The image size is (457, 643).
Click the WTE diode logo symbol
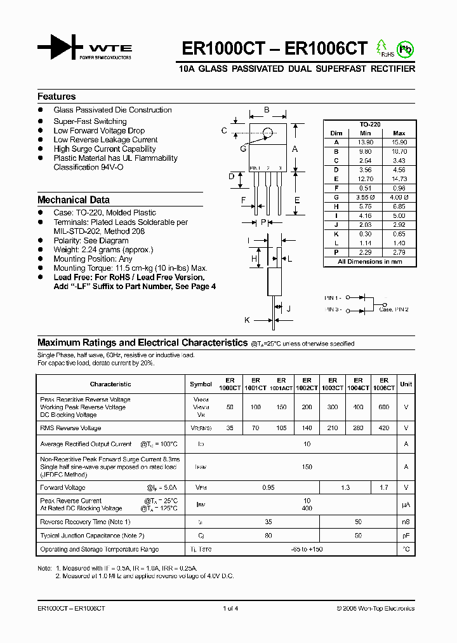tap(60, 48)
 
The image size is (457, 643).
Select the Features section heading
tap(56, 97)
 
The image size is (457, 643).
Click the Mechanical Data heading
tap(74, 200)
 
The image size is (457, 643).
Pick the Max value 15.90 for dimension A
tap(399, 142)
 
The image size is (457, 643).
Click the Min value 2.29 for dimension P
tap(365, 253)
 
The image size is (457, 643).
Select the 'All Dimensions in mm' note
tap(369, 262)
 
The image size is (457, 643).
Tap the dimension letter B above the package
tap(267, 110)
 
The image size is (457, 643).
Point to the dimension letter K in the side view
tap(248, 320)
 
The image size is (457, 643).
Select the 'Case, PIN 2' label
tap(394, 309)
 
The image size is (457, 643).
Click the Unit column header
tap(406, 384)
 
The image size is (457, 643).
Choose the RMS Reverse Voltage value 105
tap(281, 428)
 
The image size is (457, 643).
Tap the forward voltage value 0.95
tap(268, 487)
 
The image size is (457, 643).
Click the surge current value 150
tap(307, 466)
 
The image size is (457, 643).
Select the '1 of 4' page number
tap(230, 608)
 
